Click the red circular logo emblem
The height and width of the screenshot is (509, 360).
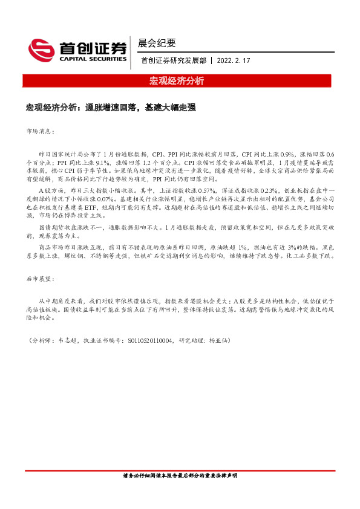[x=40, y=49]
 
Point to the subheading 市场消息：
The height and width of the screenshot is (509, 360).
[x=41, y=131]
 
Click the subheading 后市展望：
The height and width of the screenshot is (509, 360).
[x=41, y=280]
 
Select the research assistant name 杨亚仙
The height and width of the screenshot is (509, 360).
[x=219, y=341]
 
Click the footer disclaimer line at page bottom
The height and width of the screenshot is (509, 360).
[x=180, y=476]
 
